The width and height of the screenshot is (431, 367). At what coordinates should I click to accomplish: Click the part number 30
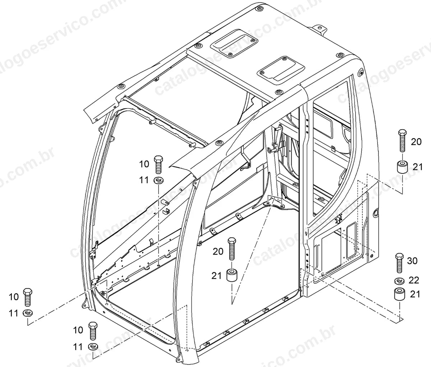pos(412,261)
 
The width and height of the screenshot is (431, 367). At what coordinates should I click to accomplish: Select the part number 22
pos(414,280)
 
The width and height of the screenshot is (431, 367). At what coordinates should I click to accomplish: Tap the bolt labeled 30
pos(399,263)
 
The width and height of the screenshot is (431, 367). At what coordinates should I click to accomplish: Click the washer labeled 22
pos(399,281)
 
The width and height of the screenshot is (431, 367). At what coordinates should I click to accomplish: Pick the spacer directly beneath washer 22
pos(399,294)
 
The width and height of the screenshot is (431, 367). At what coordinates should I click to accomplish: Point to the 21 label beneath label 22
pos(415,294)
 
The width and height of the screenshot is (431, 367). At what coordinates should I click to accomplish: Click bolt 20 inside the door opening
pos(232,248)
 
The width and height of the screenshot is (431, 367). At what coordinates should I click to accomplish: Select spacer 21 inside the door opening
pos(232,275)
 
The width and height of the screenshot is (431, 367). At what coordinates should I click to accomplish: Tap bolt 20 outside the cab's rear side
pos(402,140)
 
